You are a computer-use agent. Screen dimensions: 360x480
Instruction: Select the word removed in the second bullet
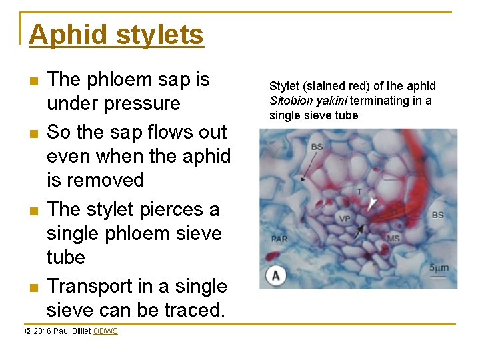(x=107, y=180)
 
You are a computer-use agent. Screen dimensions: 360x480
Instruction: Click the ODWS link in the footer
(x=105, y=331)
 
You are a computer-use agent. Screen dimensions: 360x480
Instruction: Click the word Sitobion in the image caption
(x=290, y=101)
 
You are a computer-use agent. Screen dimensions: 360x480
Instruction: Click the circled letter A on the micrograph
(x=275, y=275)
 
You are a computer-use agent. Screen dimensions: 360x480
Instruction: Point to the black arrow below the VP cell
(x=359, y=231)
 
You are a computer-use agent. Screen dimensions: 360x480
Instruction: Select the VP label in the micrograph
(x=344, y=218)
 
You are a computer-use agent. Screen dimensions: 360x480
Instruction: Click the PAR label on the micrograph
(x=279, y=238)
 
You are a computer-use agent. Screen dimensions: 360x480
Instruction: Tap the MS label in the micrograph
(x=393, y=238)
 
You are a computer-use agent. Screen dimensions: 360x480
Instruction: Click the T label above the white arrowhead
(x=359, y=191)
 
